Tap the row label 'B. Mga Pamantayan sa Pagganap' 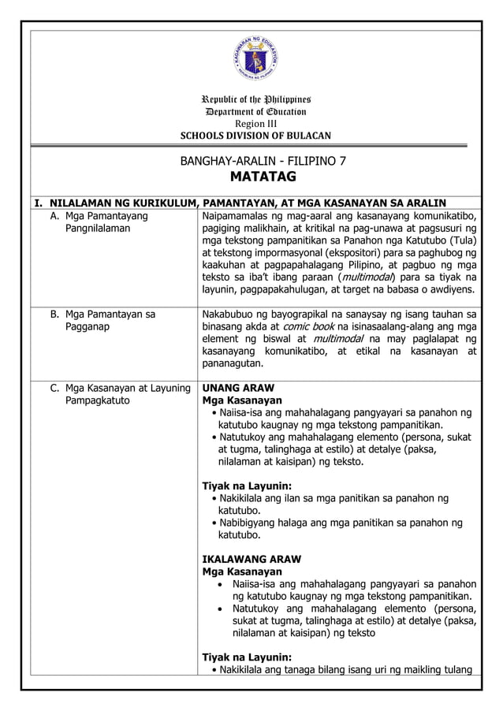(103, 321)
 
